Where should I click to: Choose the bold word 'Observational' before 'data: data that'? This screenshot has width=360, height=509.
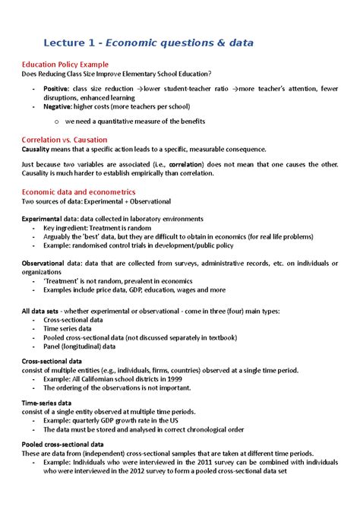(x=46, y=262)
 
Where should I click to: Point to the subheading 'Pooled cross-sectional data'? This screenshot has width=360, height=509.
(x=63, y=444)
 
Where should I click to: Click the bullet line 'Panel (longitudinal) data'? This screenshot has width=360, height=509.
(x=79, y=346)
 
